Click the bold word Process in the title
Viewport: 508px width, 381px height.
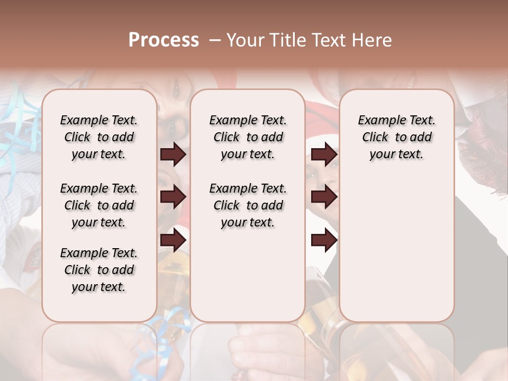tap(164, 40)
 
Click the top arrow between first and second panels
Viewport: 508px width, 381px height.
tap(173, 155)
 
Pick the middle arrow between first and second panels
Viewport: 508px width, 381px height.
tap(173, 197)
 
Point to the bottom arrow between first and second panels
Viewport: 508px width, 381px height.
tap(173, 240)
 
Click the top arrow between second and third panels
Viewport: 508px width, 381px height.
tap(324, 155)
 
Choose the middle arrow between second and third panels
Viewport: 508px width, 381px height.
tap(324, 197)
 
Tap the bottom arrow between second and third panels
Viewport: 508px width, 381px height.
tap(324, 240)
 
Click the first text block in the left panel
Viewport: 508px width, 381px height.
tap(99, 137)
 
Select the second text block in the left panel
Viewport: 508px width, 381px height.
tap(99, 205)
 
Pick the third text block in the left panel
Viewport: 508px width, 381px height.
tap(99, 270)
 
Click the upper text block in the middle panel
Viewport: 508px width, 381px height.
tap(248, 137)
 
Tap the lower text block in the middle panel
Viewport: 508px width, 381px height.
tap(248, 205)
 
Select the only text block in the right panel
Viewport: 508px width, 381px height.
tap(396, 137)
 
